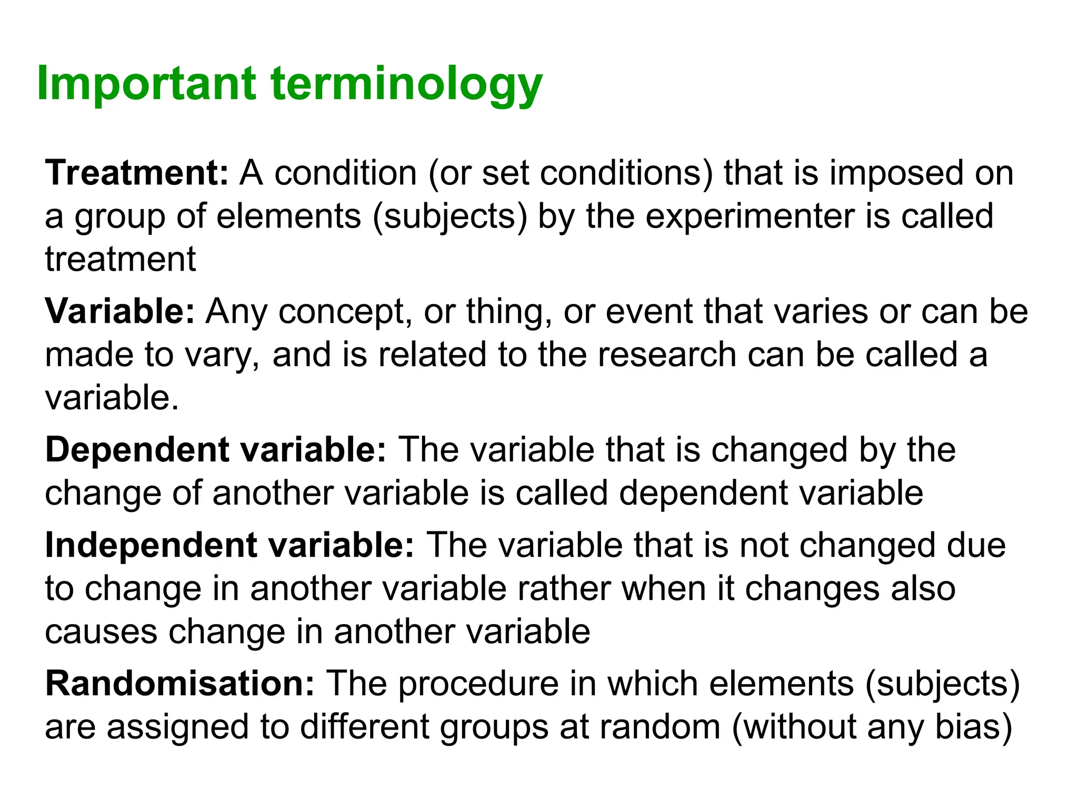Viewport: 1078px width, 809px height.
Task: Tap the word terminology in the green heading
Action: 406,86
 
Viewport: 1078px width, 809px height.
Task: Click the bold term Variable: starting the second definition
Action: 120,311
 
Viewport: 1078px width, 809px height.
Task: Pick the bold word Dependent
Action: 137,450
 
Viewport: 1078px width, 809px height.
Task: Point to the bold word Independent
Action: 151,545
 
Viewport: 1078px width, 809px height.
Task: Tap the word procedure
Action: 478,685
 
